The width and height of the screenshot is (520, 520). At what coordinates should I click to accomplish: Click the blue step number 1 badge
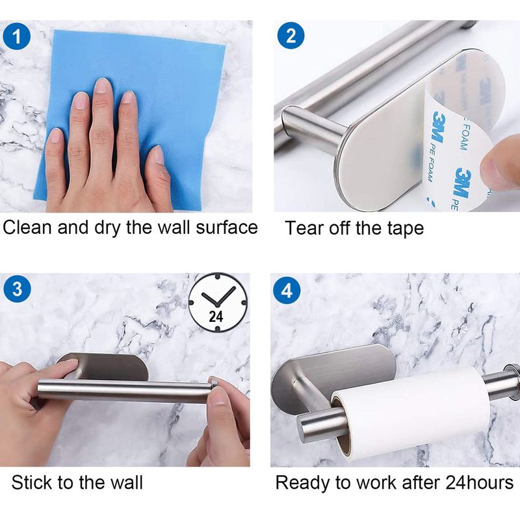[x=17, y=36]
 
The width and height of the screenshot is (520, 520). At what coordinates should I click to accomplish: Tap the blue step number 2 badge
[x=291, y=36]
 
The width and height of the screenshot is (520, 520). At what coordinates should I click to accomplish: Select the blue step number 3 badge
[x=18, y=289]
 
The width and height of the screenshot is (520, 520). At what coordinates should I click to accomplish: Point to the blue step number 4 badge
[x=287, y=291]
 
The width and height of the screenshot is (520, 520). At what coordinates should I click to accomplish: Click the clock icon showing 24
[x=218, y=302]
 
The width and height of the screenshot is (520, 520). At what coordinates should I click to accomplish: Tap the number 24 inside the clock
[x=216, y=317]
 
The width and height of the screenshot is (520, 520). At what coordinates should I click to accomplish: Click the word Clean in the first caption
[x=27, y=228]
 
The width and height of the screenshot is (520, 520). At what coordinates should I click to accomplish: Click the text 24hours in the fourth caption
[x=479, y=482]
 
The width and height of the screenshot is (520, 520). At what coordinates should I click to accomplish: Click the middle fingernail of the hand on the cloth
[x=102, y=86]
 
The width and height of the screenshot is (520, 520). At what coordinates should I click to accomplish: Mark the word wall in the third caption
[x=126, y=482]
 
